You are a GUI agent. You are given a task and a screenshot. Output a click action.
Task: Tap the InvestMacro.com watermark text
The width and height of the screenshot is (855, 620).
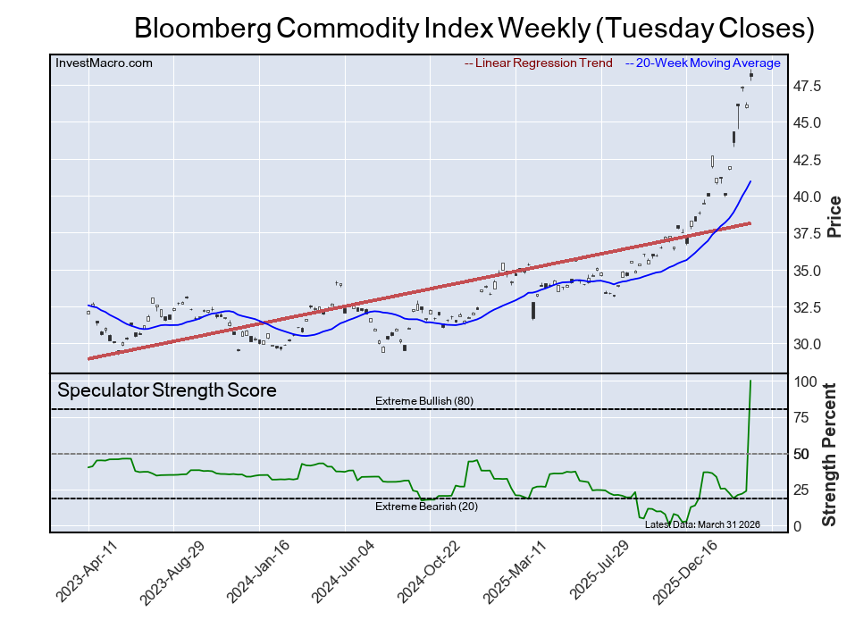(104, 63)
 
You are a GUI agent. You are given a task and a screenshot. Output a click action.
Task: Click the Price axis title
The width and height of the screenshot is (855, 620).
(834, 216)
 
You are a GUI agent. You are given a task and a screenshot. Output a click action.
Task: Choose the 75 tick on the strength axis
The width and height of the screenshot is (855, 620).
(803, 418)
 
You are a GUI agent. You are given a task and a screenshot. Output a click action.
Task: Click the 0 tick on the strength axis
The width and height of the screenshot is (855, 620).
(798, 526)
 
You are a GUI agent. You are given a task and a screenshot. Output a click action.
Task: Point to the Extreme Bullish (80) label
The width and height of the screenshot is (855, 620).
(423, 401)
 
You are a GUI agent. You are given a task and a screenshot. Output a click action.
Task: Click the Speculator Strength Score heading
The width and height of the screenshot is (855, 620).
(166, 390)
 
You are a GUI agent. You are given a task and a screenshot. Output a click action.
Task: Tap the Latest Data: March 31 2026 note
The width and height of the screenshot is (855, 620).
(701, 524)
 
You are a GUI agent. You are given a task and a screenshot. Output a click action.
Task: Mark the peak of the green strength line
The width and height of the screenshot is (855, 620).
(750, 381)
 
